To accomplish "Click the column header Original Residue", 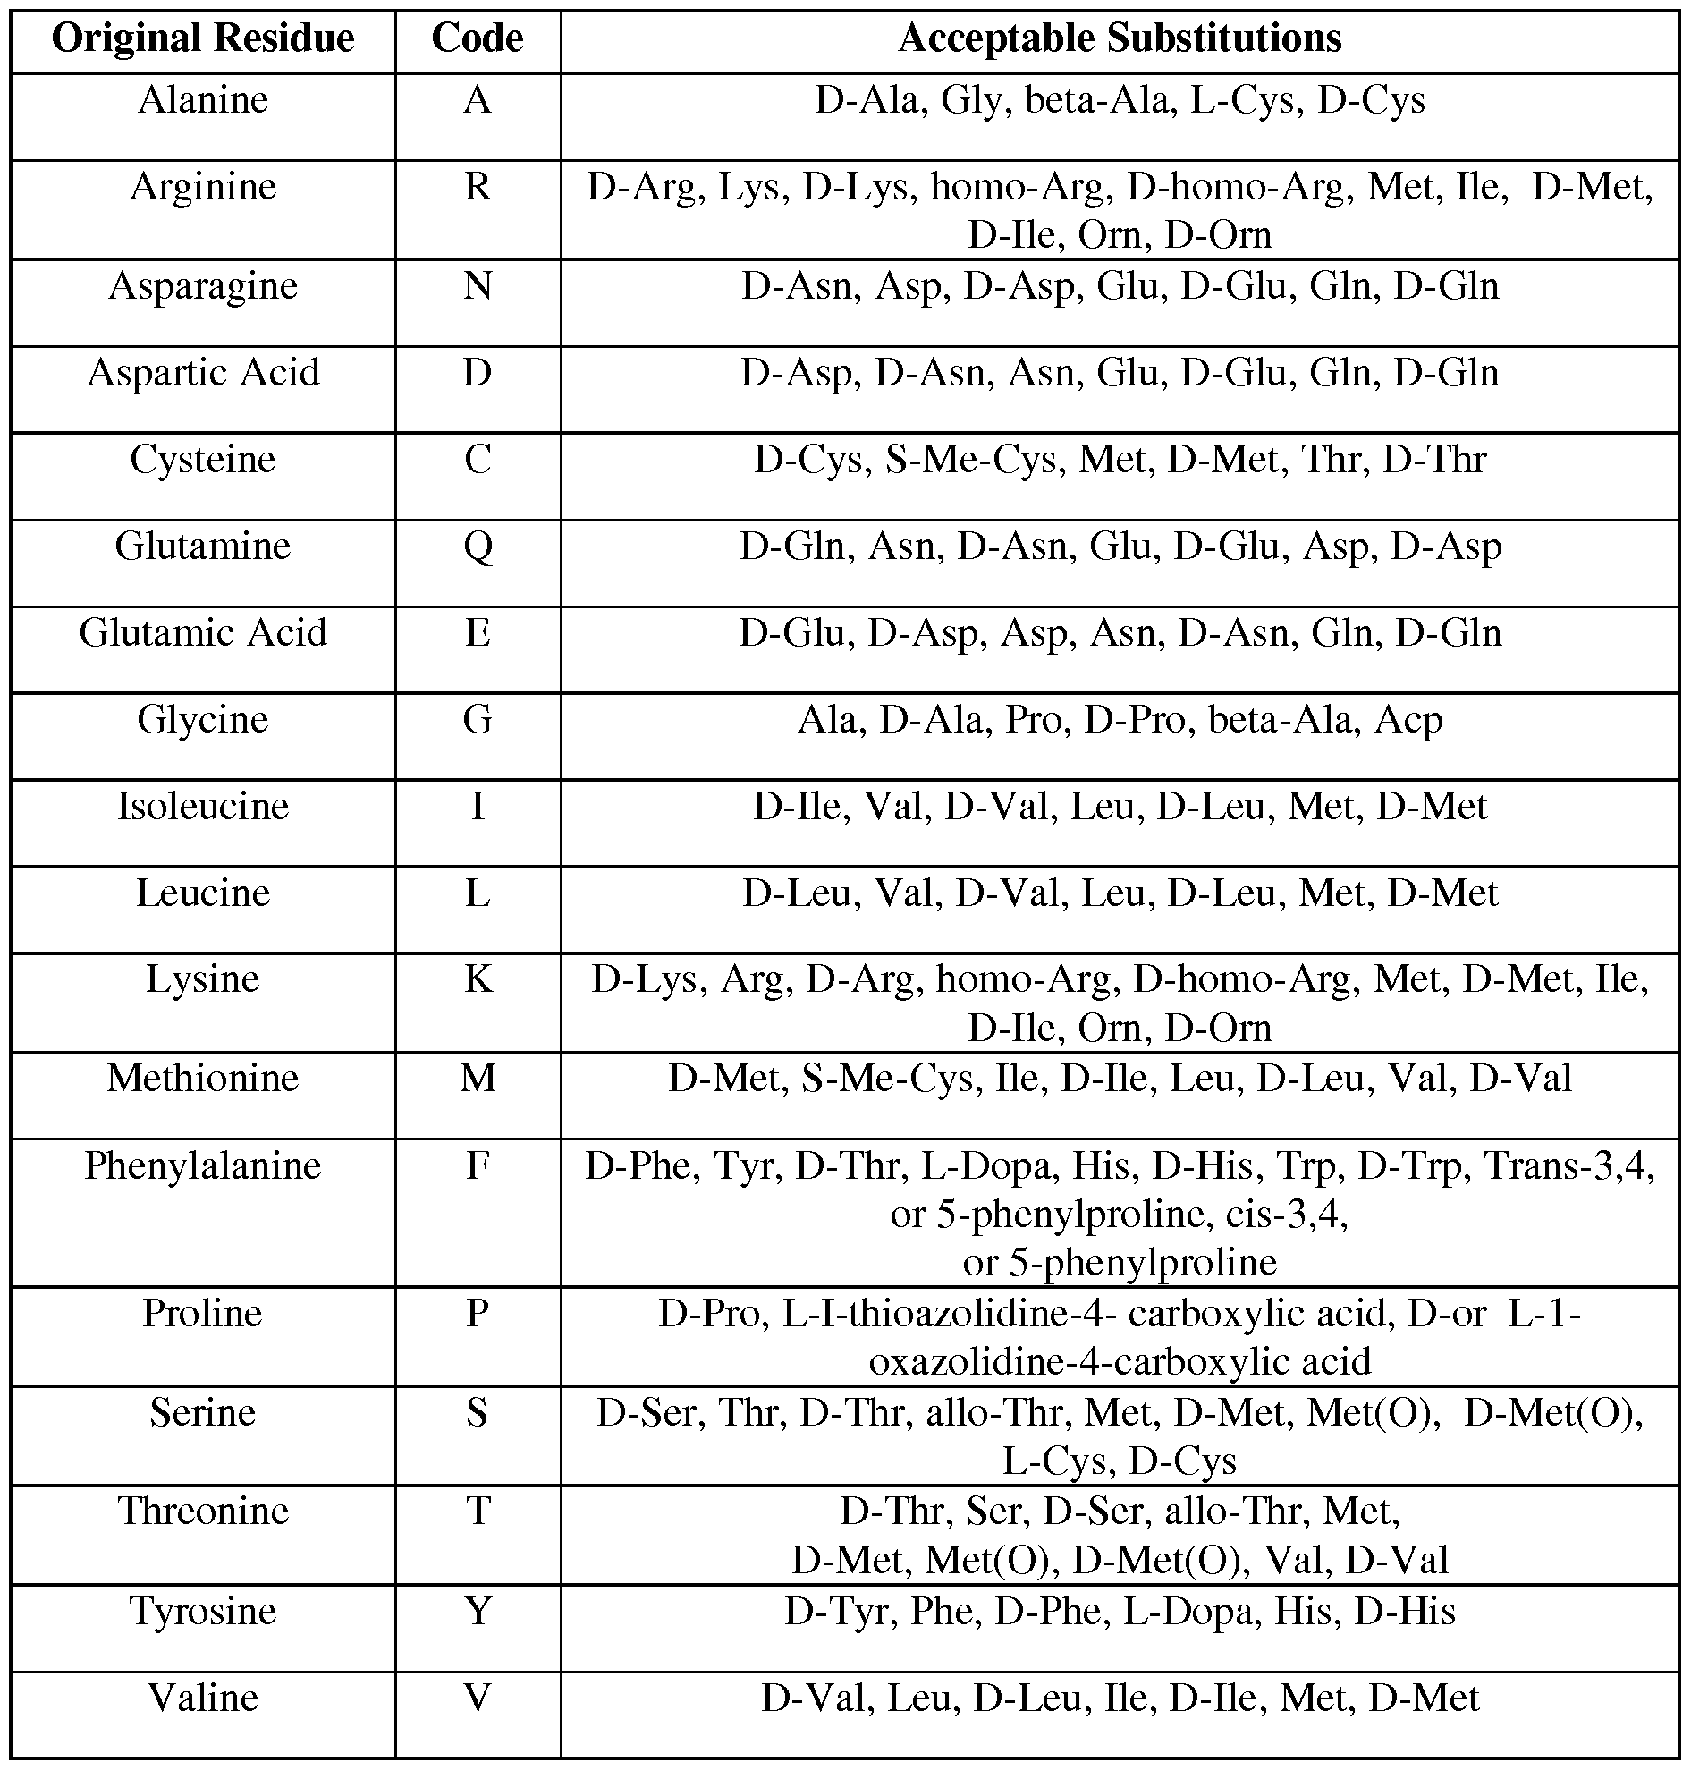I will click(x=203, y=38).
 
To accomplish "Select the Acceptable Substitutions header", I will click(x=1120, y=38).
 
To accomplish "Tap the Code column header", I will click(x=477, y=38).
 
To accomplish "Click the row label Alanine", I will click(x=203, y=100).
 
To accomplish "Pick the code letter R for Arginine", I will click(x=477, y=187).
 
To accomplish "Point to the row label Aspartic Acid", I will click(x=203, y=372).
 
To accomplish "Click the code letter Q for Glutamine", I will click(x=477, y=546).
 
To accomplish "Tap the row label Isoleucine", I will click(x=203, y=806).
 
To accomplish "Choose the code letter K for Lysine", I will click(x=477, y=979).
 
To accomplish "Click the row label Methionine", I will click(x=203, y=1079).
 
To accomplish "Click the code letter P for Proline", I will click(x=477, y=1313).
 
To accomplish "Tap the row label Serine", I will click(x=203, y=1412).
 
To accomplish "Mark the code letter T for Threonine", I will click(x=477, y=1511).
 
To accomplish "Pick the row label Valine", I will click(x=203, y=1698).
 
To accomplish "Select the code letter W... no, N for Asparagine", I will click(x=477, y=286).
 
